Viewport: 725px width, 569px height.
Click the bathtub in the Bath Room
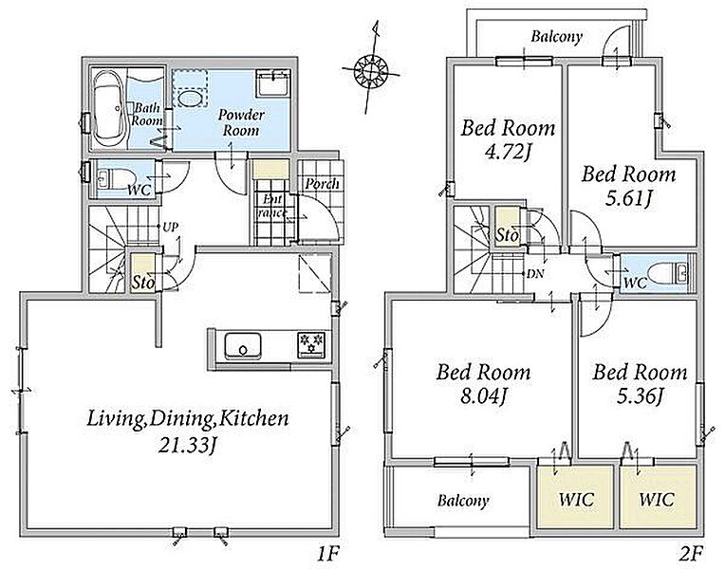point(109,109)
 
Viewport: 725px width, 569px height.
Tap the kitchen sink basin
point(243,345)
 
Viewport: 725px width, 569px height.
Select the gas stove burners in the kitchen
point(311,345)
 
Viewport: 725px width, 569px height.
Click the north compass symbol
point(371,70)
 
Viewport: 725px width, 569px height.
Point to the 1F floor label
point(328,552)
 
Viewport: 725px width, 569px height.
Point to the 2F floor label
point(692,552)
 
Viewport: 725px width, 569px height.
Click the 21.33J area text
point(188,445)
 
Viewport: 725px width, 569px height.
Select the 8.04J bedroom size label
point(484,396)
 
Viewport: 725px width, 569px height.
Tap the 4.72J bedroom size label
point(508,152)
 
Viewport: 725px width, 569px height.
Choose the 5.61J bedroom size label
point(629,199)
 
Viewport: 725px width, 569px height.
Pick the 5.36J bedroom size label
point(641,396)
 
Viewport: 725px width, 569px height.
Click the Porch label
point(323,184)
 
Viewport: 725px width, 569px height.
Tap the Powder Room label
point(241,122)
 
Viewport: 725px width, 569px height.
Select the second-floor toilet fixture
point(669,274)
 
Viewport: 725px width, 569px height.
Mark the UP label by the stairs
point(171,227)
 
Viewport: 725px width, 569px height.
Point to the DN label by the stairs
point(535,274)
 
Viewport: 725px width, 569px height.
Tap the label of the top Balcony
point(556,37)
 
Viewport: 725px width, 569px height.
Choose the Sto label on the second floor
point(508,235)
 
